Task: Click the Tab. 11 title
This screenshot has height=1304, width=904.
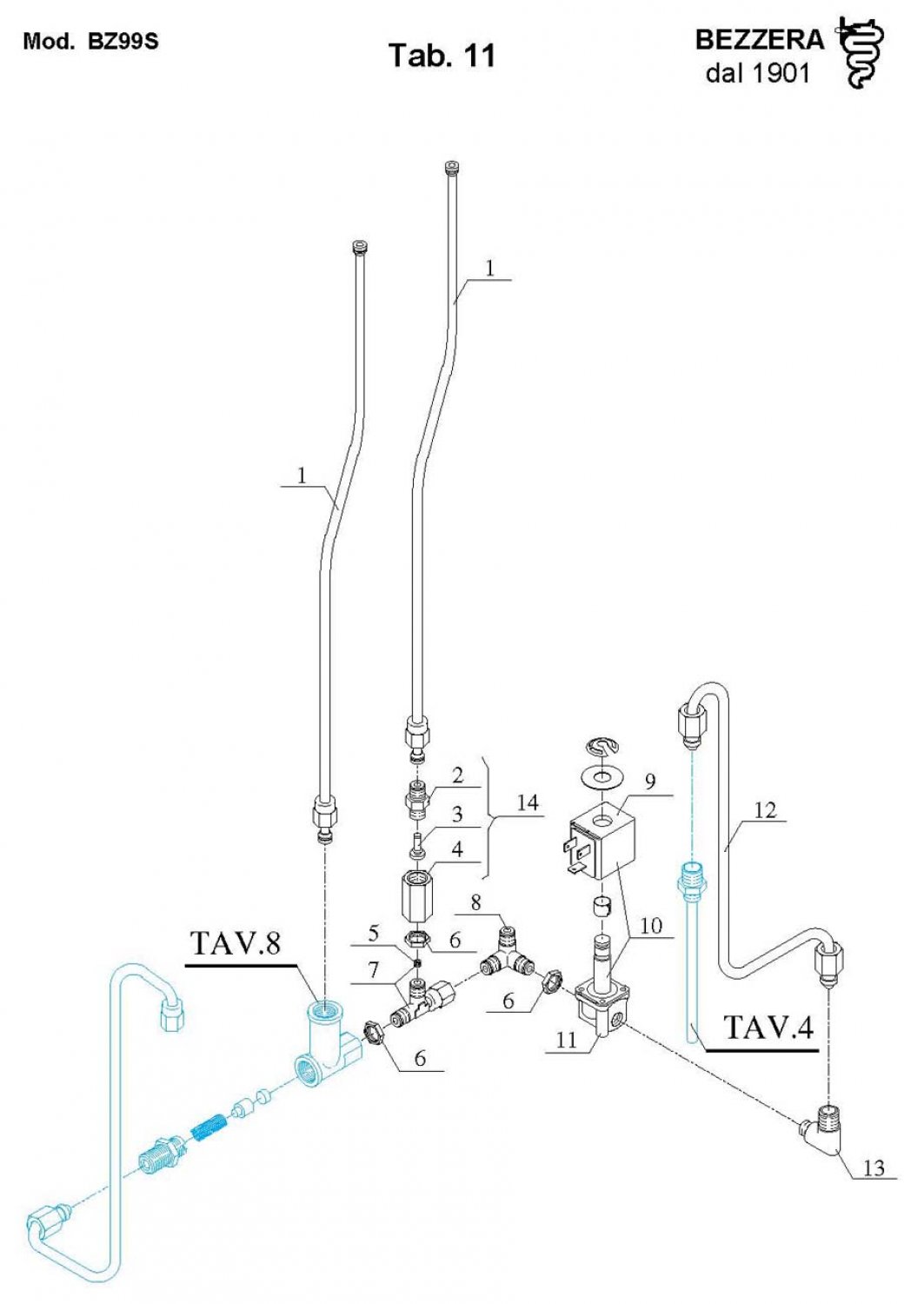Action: pyautogui.click(x=442, y=55)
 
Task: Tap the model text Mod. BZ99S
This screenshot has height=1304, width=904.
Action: pyautogui.click(x=90, y=41)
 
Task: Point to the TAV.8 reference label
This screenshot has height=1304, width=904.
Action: pyautogui.click(x=236, y=943)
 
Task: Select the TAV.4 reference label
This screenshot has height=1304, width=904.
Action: pyautogui.click(x=768, y=1028)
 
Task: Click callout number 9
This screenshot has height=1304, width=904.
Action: pyautogui.click(x=649, y=781)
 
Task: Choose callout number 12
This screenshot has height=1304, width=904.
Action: pyautogui.click(x=764, y=810)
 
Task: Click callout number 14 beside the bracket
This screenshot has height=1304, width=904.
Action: pyautogui.click(x=528, y=802)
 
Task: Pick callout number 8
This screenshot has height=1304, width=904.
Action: pyautogui.click(x=475, y=902)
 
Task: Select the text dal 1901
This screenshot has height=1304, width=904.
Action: pyautogui.click(x=757, y=73)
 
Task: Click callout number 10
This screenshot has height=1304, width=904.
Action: pyautogui.click(x=651, y=926)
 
